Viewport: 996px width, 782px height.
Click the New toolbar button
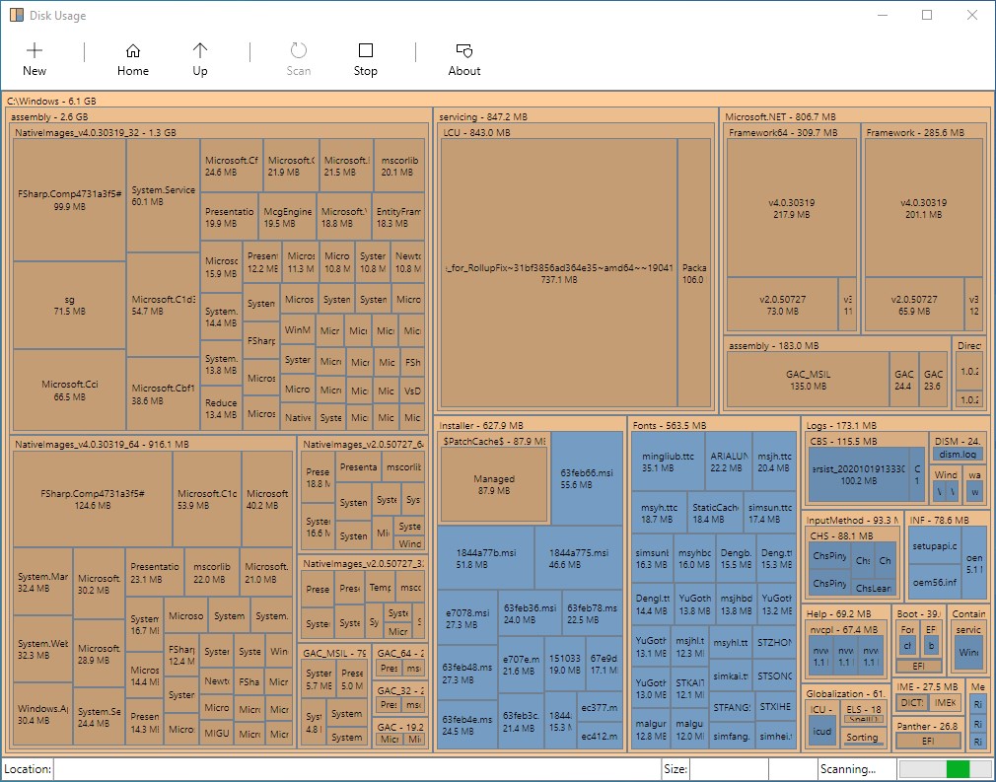click(35, 59)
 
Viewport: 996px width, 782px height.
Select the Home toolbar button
click(133, 59)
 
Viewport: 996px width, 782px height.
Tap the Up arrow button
click(200, 59)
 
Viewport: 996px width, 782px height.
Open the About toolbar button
click(464, 59)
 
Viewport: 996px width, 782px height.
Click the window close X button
click(971, 15)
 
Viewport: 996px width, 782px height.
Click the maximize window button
click(927, 15)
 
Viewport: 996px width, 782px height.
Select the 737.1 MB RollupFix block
click(559, 273)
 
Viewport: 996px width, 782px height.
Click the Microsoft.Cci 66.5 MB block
click(69, 390)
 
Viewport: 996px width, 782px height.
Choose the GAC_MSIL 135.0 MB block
click(806, 380)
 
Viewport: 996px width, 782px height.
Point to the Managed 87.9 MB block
click(494, 484)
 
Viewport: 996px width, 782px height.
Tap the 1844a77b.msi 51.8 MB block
click(486, 558)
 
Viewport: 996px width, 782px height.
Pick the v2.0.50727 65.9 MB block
click(912, 305)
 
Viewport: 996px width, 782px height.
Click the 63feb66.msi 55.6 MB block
click(588, 478)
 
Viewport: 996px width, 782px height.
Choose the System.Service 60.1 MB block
click(164, 195)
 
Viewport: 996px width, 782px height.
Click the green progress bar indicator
click(957, 769)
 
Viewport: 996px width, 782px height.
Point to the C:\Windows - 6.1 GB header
click(51, 101)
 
